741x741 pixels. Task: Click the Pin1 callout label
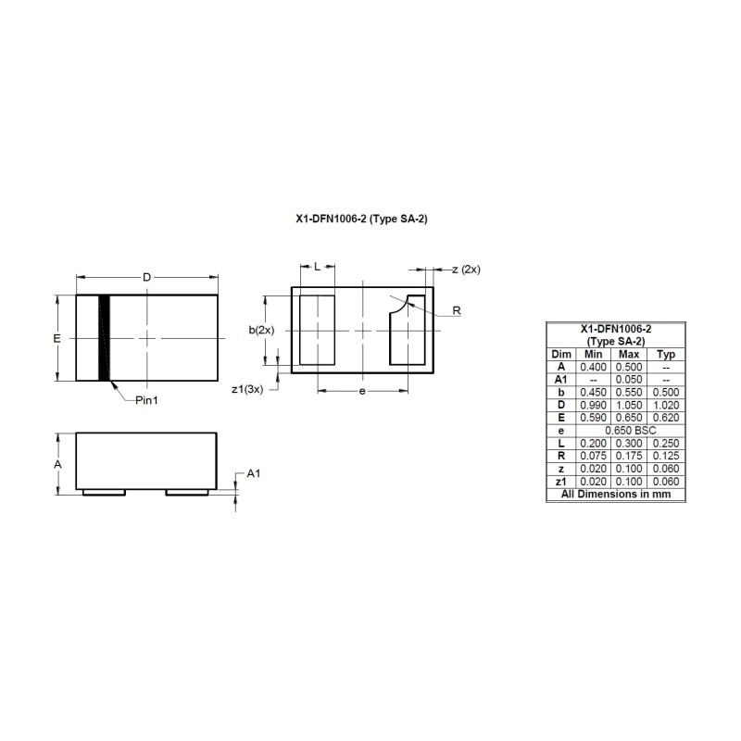146,400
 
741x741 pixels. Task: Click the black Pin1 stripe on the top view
104,338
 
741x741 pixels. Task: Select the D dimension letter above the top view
147,277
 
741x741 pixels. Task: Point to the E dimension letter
57,338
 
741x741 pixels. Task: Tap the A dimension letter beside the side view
57,465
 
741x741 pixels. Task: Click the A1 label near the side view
254,473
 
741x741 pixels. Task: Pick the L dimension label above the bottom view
317,267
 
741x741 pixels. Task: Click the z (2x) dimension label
466,270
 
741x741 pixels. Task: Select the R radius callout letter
457,310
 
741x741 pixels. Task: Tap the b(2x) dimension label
261,330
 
